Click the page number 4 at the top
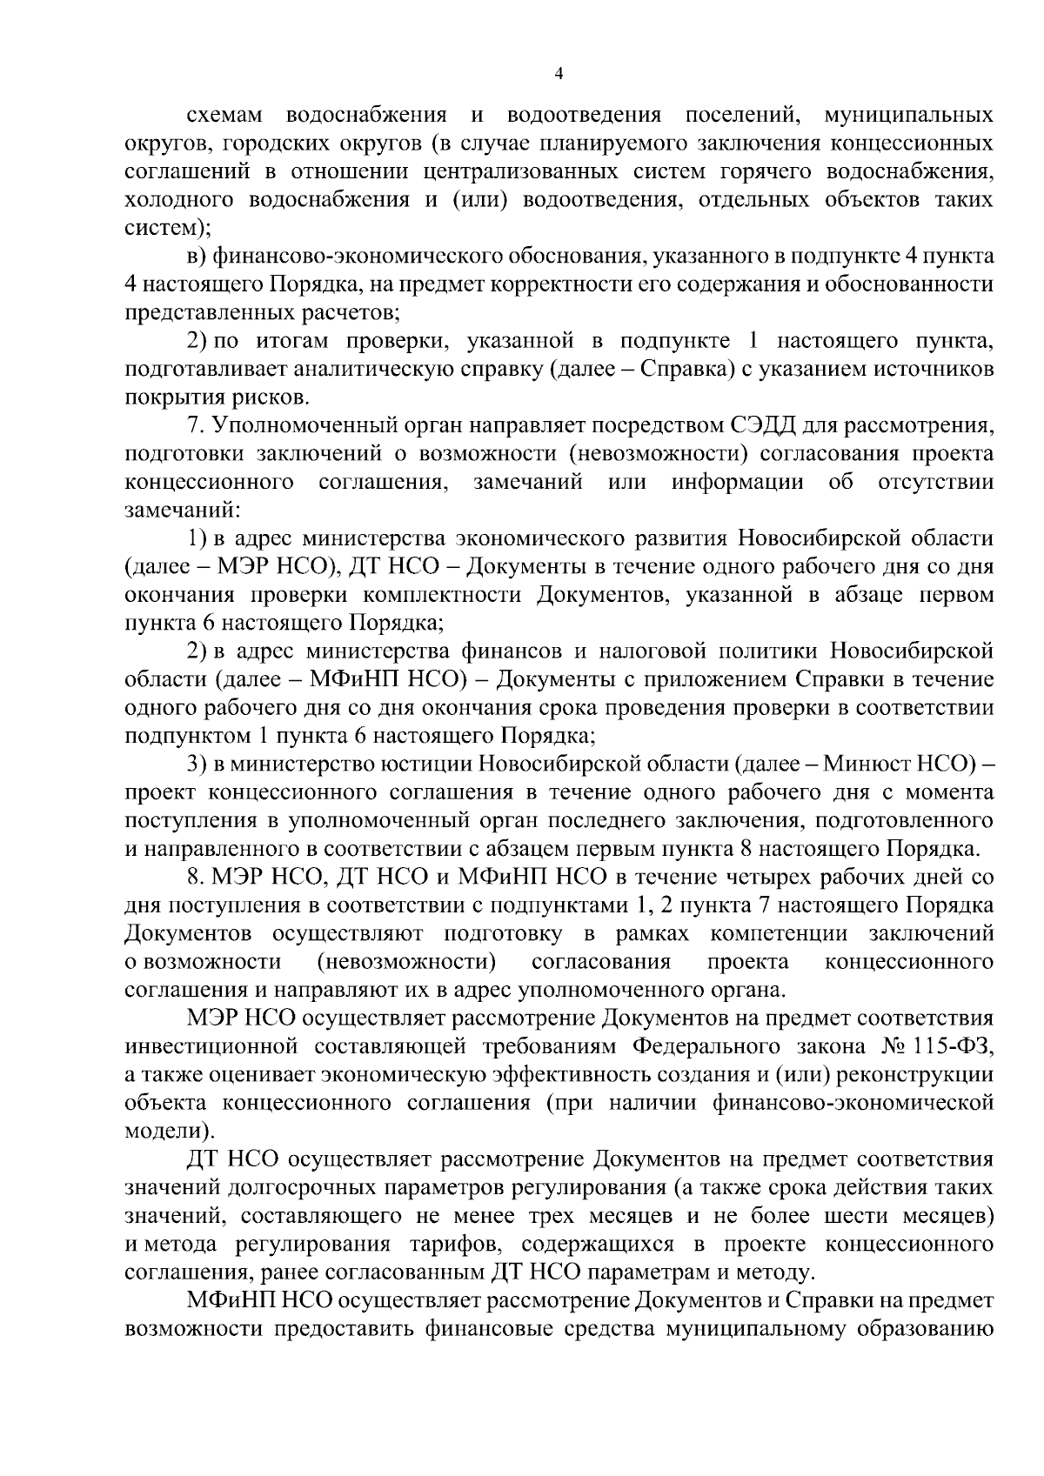coord(559,75)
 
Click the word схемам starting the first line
coord(223,117)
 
